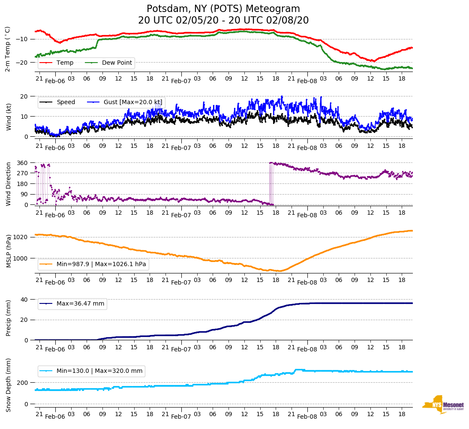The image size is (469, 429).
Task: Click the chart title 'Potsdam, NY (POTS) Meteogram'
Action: point(223,9)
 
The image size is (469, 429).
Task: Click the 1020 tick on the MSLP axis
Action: point(21,237)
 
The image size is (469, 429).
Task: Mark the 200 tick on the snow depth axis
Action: point(23,383)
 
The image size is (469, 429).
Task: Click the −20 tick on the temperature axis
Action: point(21,63)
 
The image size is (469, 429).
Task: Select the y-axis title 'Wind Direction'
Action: point(9,184)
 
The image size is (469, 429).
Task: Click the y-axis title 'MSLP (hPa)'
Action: point(9,251)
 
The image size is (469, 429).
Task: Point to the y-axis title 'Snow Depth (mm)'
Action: point(9,385)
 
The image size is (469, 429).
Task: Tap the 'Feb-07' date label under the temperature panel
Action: point(181,81)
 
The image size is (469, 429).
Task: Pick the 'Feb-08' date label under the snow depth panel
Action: point(307,417)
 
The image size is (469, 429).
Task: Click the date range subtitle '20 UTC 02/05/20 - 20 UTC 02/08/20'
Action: point(223,21)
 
